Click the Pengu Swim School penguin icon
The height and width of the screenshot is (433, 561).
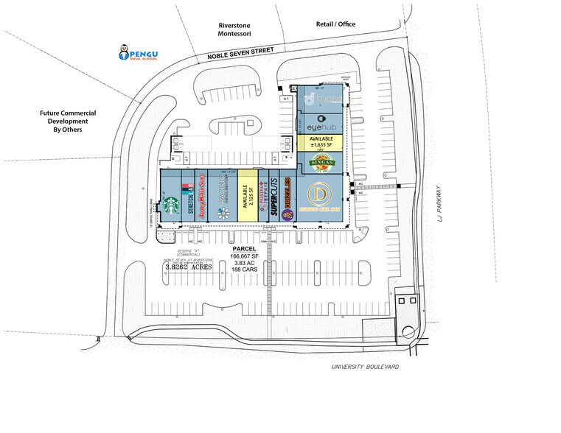click(x=124, y=52)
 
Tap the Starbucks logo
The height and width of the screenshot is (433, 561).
click(x=172, y=206)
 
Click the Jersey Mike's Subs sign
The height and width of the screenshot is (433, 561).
click(x=205, y=199)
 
